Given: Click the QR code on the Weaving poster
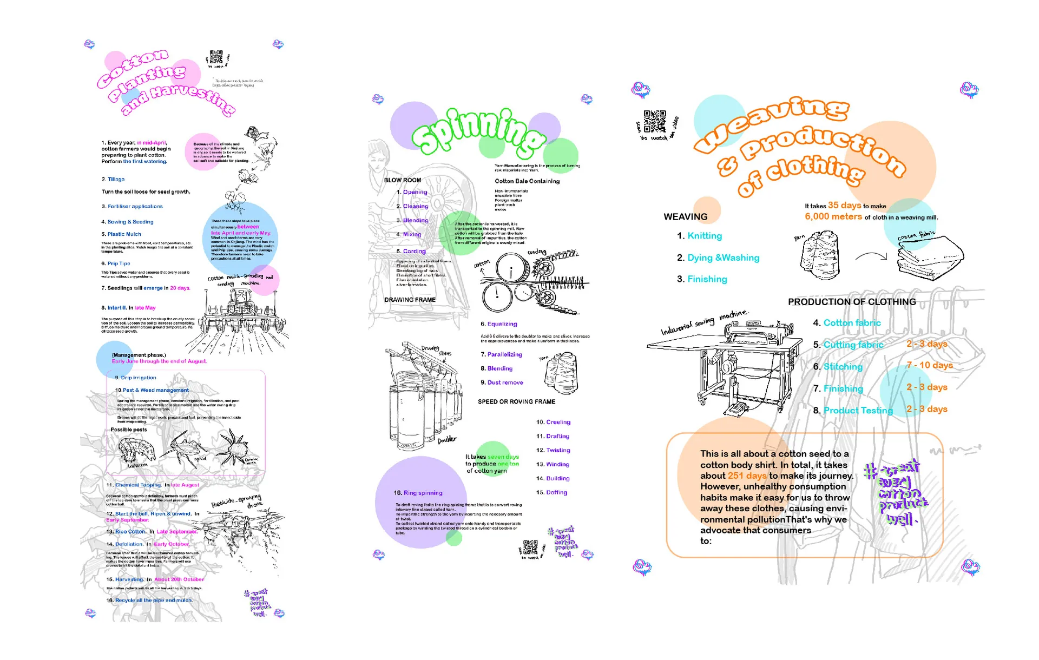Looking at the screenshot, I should coord(655,121).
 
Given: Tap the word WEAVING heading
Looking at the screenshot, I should coord(685,216).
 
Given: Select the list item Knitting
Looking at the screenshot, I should coord(704,236).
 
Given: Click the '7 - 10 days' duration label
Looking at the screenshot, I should coord(929,365).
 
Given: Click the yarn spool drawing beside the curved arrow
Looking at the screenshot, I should coord(820,255).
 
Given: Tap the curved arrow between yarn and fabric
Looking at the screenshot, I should coord(871,256).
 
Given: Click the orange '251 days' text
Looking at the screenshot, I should coord(747,476).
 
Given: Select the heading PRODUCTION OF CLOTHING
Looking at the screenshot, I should coord(852,302).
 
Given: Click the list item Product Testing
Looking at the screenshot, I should coord(858,411).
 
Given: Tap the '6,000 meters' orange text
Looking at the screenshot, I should coord(833,216).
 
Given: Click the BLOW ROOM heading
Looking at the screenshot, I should coord(402,180).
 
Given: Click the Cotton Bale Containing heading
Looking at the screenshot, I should coord(527,181).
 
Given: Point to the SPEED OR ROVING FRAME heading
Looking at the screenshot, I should coord(516,401).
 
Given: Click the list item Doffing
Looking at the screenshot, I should coord(556,492).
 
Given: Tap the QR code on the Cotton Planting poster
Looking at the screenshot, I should coord(216,57).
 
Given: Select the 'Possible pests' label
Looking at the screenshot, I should coord(129,430).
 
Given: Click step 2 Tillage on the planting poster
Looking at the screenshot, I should coord(115,179).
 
